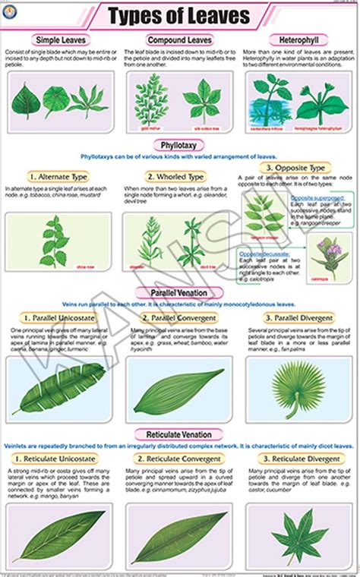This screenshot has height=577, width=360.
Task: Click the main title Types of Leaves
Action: (179, 15)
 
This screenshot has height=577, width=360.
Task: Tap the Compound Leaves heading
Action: (179, 39)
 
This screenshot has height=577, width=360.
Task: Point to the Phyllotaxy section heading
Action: (179, 143)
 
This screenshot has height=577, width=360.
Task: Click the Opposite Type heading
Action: (298, 168)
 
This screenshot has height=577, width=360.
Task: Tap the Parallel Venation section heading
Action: (179, 292)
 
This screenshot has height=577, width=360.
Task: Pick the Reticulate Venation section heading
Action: (179, 434)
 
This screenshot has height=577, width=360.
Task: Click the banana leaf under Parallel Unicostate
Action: (58, 389)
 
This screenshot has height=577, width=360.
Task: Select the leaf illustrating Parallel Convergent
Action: (179, 389)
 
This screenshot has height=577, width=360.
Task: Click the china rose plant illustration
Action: (55, 241)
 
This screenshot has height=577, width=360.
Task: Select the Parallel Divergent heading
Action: (298, 317)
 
